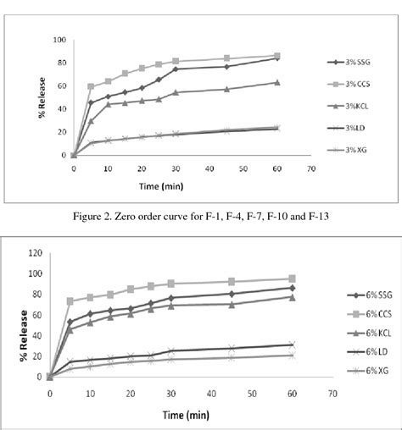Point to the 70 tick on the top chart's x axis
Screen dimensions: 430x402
311,168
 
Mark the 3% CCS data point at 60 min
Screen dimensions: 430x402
277,56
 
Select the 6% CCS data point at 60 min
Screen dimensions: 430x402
292,278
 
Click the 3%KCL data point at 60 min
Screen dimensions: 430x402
277,82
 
